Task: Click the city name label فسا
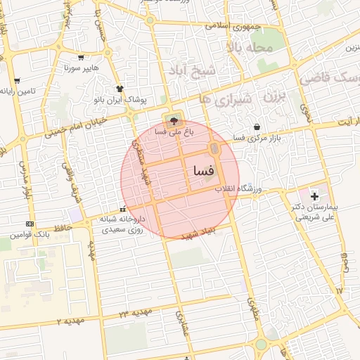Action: tap(202, 171)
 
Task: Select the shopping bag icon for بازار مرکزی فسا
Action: tap(256, 127)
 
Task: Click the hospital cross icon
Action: tap(314, 194)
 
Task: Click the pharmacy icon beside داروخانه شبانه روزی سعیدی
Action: tap(124, 209)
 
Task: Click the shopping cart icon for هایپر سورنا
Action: tap(82, 58)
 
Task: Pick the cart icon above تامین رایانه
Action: tap(17, 81)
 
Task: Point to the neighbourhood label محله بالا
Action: tap(256, 46)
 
